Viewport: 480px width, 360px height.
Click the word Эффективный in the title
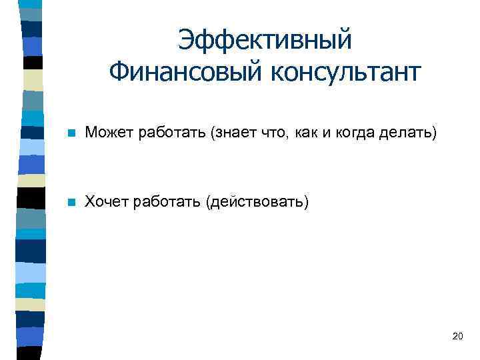click(265, 41)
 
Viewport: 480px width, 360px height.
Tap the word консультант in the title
click(345, 71)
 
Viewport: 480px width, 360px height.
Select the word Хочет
click(105, 201)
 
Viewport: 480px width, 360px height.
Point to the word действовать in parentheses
click(258, 201)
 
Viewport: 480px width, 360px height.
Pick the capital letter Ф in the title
click(119, 71)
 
